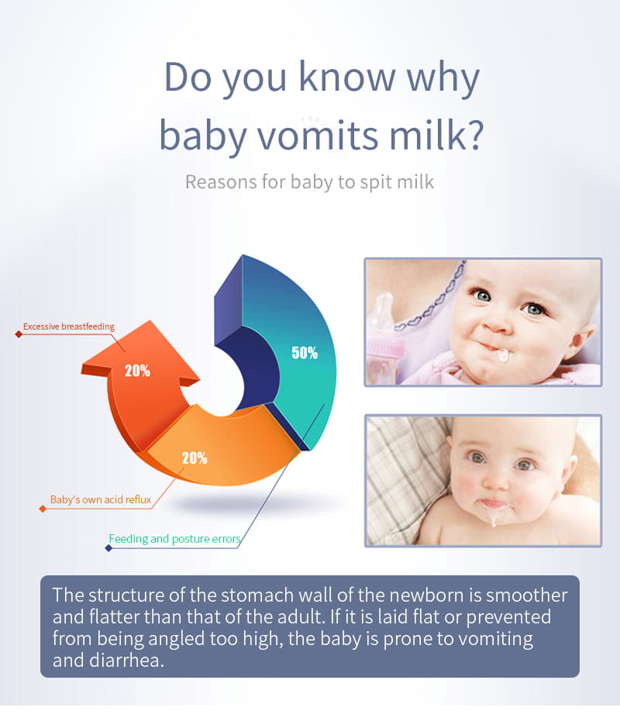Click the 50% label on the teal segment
coord(305,353)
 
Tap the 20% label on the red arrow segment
coord(137,371)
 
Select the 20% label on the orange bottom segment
coord(195,457)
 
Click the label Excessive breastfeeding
coord(69,326)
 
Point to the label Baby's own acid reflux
coord(101,499)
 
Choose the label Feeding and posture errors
coord(174,539)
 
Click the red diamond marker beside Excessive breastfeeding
coord(19,334)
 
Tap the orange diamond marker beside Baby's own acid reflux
coord(43,509)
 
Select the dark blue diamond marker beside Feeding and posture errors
coord(108,548)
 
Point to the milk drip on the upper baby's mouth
coord(503,355)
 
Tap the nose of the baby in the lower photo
coord(495,478)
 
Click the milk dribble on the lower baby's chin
coord(494,515)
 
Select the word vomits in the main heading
coord(318,136)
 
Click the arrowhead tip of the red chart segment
coord(149,320)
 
